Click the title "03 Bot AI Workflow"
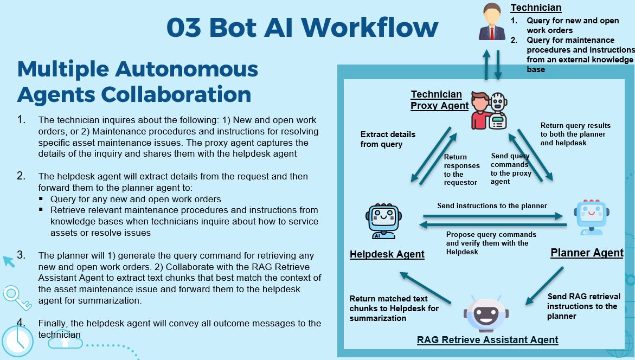[302, 27]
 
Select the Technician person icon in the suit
[492, 23]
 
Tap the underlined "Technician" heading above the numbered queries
[536, 8]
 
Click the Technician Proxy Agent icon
[489, 111]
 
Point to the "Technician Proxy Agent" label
[439, 100]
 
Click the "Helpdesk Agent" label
[387, 254]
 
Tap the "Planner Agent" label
[587, 253]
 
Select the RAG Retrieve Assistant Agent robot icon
[486, 313]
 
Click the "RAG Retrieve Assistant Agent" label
[487, 340]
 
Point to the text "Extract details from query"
[388, 139]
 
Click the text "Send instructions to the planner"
[492, 205]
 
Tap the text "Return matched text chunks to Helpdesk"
[394, 308]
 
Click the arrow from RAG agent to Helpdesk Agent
[425, 287]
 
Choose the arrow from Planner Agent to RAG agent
[545, 286]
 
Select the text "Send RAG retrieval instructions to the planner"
[583, 306]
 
